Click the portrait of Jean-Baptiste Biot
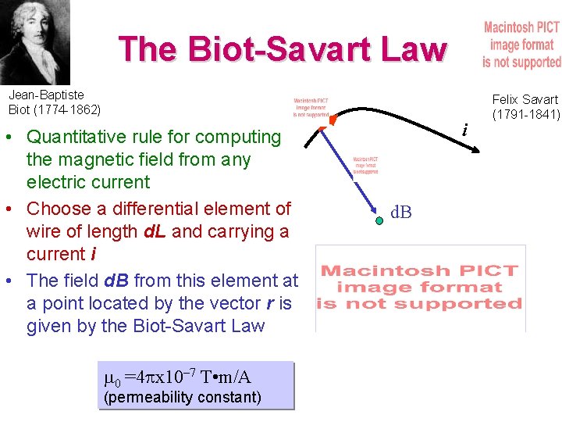(35, 41)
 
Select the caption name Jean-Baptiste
(46, 95)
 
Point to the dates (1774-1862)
(67, 109)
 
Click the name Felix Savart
(525, 99)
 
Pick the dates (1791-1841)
(526, 114)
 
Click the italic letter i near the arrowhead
(465, 128)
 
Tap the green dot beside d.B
(379, 221)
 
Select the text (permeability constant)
(182, 397)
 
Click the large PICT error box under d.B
(421, 288)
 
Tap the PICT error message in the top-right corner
(521, 45)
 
